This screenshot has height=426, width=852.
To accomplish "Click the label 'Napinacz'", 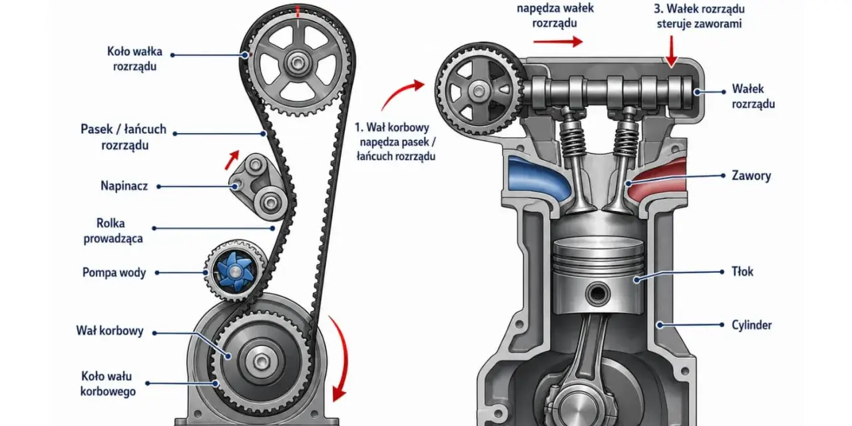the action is pyautogui.click(x=124, y=186).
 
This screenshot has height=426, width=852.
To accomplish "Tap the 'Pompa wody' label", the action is pyautogui.click(x=114, y=273).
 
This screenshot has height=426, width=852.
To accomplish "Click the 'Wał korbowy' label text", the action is pyautogui.click(x=110, y=331).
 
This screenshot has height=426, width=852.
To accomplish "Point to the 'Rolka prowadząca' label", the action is pyautogui.click(x=113, y=231).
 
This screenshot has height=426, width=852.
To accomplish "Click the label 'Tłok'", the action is pyautogui.click(x=742, y=272).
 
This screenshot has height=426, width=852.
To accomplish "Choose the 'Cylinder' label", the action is pyautogui.click(x=751, y=325).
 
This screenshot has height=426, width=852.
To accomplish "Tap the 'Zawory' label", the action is pyautogui.click(x=751, y=176).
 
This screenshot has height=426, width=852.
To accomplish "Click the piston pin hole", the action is pyautogui.click(x=598, y=294).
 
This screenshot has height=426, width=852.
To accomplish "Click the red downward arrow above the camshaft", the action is pyautogui.click(x=672, y=51).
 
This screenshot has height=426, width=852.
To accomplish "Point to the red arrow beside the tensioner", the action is pyautogui.click(x=232, y=160).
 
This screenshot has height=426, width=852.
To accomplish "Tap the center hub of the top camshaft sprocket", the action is pyautogui.click(x=297, y=63).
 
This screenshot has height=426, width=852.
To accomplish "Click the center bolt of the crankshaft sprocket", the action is pyautogui.click(x=261, y=361).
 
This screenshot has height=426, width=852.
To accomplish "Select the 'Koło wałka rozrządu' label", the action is pyautogui.click(x=134, y=59).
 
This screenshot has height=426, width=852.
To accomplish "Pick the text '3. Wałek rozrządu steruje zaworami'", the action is pyautogui.click(x=699, y=16).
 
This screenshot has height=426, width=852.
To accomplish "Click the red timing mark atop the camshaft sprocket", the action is pyautogui.click(x=298, y=11).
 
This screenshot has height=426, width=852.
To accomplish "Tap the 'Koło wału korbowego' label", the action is pyautogui.click(x=108, y=383).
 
